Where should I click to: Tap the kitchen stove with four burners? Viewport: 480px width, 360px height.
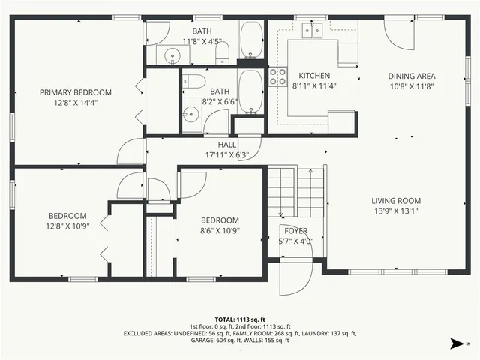coord(278,75)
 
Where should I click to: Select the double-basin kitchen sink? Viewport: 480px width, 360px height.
coord(311,30)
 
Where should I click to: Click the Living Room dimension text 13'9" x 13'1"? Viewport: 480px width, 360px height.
coord(395,211)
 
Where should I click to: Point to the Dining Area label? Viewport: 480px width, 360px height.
coord(411,76)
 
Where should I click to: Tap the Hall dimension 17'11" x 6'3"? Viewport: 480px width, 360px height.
coord(227,155)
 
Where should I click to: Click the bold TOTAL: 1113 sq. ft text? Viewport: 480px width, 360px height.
coord(239,319)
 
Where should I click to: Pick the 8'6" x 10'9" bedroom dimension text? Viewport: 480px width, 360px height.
coord(220,230)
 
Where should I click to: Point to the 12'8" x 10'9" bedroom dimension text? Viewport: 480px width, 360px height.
coord(68,226)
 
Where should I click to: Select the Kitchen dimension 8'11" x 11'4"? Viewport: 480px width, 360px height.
coord(313,85)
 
